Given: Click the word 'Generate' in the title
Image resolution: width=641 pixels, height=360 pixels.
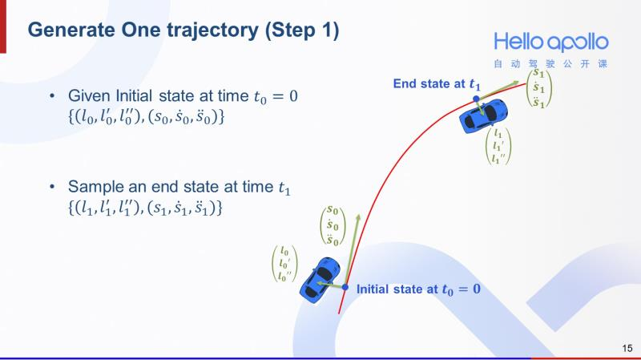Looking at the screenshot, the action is tap(71, 30).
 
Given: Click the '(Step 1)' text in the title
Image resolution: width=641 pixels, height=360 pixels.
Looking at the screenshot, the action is tap(302, 31).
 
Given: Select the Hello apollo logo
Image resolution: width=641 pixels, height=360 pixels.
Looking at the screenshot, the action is tap(551, 42).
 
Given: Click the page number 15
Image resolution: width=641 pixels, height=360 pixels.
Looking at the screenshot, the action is tap(627, 348).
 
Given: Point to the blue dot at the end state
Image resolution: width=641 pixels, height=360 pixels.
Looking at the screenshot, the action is tap(476, 99).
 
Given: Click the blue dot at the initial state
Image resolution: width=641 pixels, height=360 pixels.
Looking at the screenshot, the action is tap(345, 287).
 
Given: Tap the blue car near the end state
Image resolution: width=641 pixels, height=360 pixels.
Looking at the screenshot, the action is tap(483, 116).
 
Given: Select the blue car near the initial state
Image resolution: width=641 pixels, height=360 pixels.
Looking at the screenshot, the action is tap(320, 281).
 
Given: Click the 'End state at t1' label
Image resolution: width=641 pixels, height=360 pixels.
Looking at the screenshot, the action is tap(437, 84).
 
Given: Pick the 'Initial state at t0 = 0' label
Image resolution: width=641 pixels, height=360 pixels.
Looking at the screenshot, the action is tap(418, 289).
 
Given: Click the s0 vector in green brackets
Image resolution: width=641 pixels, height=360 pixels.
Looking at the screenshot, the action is tap(333, 226).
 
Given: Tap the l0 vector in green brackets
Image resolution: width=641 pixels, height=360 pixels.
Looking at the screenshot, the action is tap(284, 264).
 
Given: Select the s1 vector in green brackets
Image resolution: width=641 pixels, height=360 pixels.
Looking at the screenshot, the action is tap(538, 88).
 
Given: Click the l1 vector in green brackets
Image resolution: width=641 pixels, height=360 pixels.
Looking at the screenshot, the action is tap(498, 146).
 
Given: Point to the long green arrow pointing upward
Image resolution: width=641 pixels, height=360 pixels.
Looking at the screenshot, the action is tap(353, 250).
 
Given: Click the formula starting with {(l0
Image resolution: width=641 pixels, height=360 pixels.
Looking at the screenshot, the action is tap(147, 117).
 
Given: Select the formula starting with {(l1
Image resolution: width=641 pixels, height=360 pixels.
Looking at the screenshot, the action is tap(145, 208).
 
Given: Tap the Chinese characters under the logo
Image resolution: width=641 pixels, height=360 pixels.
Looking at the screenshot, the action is tap(550, 64).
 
